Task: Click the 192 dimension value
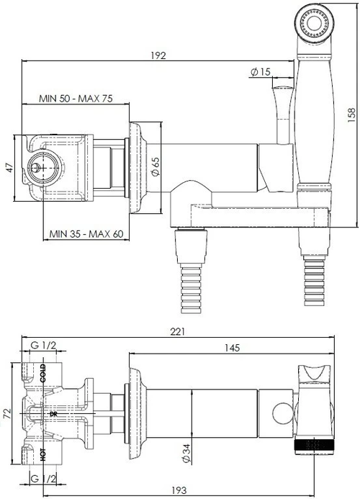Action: point(158,55)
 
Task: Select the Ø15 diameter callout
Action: point(260,72)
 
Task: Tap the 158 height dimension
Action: point(351,115)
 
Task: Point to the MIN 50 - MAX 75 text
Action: point(76,99)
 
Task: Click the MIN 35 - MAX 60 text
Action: point(86,234)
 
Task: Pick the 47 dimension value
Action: point(11,167)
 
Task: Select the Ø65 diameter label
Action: point(156,166)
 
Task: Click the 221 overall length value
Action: point(177,332)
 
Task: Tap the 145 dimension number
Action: point(232,348)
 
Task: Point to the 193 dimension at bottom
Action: point(179,490)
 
